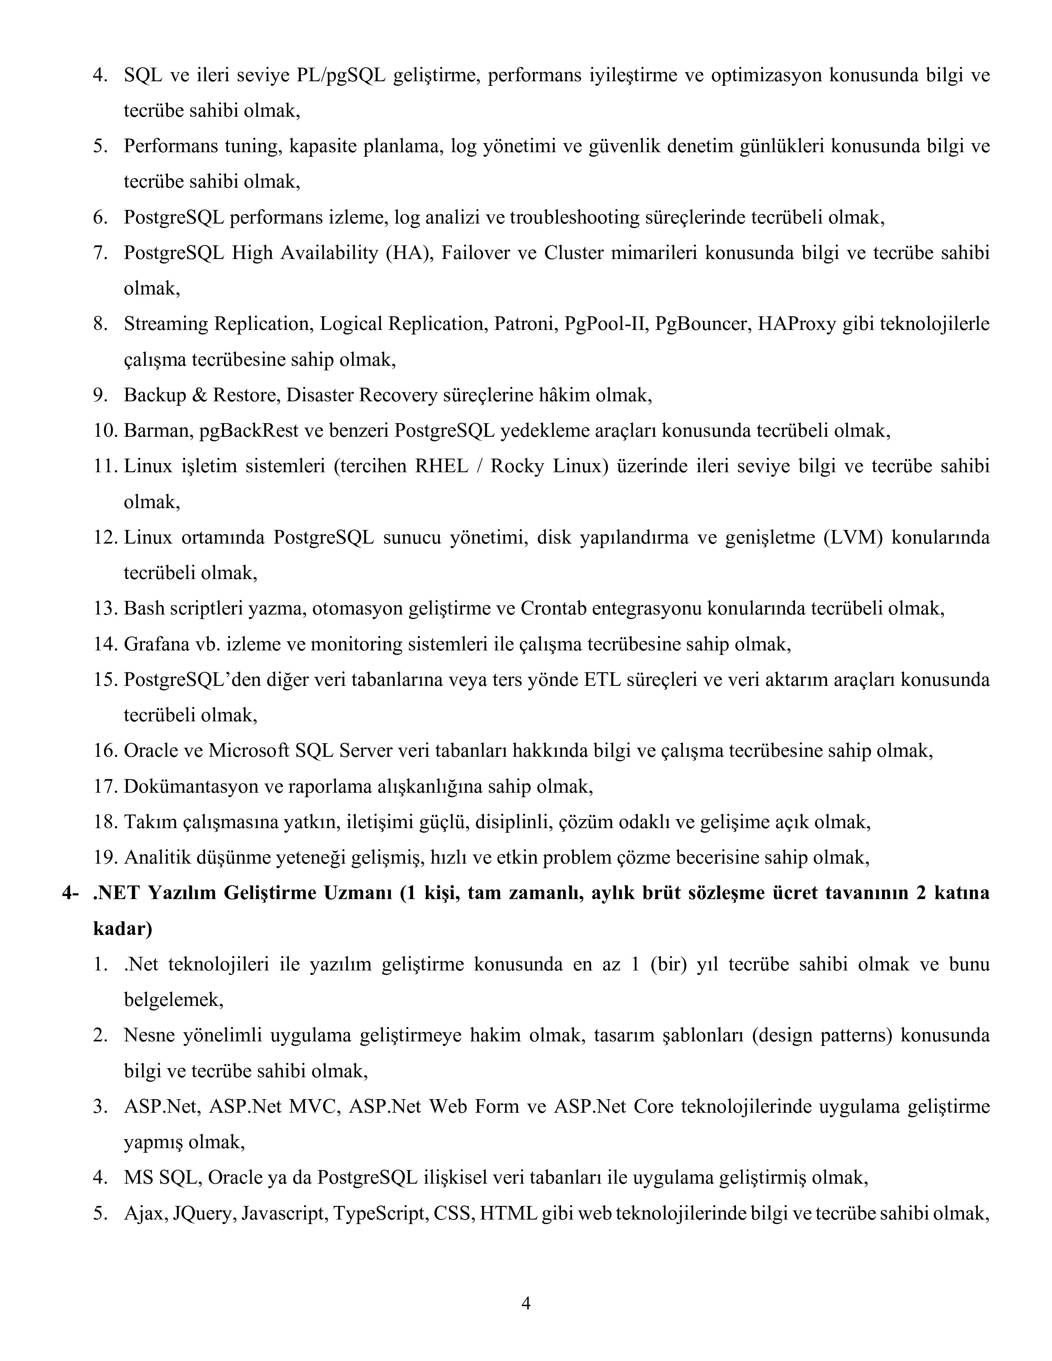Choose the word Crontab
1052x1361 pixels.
(x=553, y=608)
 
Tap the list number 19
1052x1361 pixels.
(x=105, y=857)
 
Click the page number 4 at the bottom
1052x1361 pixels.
(x=525, y=1303)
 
